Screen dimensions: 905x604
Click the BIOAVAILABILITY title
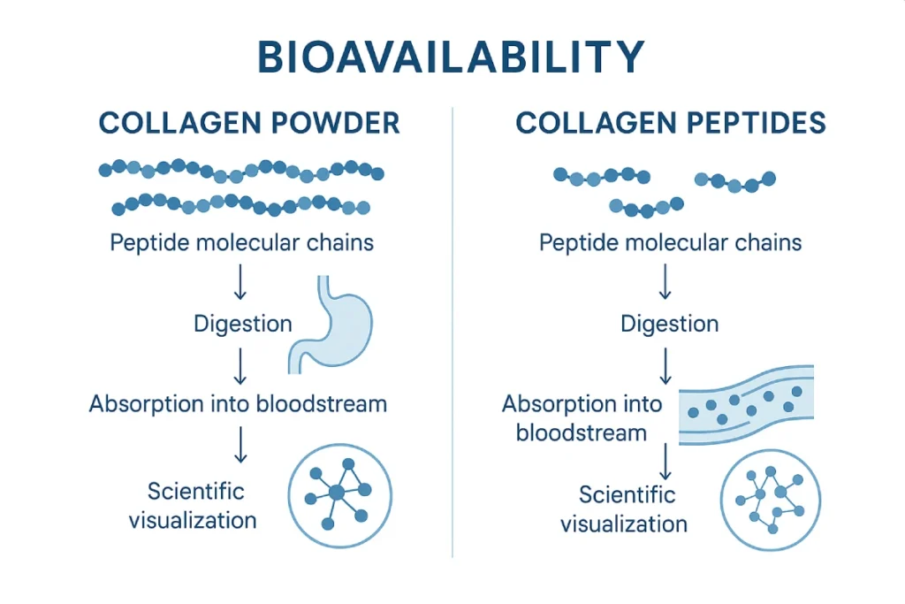pyautogui.click(x=451, y=57)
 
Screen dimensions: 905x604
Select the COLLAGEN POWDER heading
pyautogui.click(x=249, y=123)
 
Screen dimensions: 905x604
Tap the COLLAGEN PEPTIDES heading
pyautogui.click(x=671, y=123)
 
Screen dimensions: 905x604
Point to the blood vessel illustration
pyautogui.click(x=746, y=405)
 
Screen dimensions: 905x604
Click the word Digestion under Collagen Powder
pyautogui.click(x=243, y=324)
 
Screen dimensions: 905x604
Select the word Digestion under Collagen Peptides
pyautogui.click(x=670, y=324)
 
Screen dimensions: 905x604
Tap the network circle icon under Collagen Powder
pyautogui.click(x=340, y=495)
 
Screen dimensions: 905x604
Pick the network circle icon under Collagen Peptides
pyautogui.click(x=771, y=500)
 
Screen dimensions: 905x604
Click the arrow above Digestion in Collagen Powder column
pyautogui.click(x=240, y=282)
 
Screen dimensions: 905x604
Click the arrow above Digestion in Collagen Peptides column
pyautogui.click(x=665, y=282)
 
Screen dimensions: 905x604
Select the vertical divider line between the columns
pyautogui.click(x=452, y=332)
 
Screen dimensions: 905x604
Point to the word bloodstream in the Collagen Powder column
pyautogui.click(x=322, y=403)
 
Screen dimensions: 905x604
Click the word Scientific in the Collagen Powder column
pyautogui.click(x=195, y=492)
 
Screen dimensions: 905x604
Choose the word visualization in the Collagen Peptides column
pyautogui.click(x=624, y=524)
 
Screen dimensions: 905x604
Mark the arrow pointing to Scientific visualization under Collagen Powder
pyautogui.click(x=240, y=445)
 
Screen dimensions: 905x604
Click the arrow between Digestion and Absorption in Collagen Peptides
pyautogui.click(x=665, y=366)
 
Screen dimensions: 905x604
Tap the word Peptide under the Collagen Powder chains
pyautogui.click(x=150, y=242)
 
